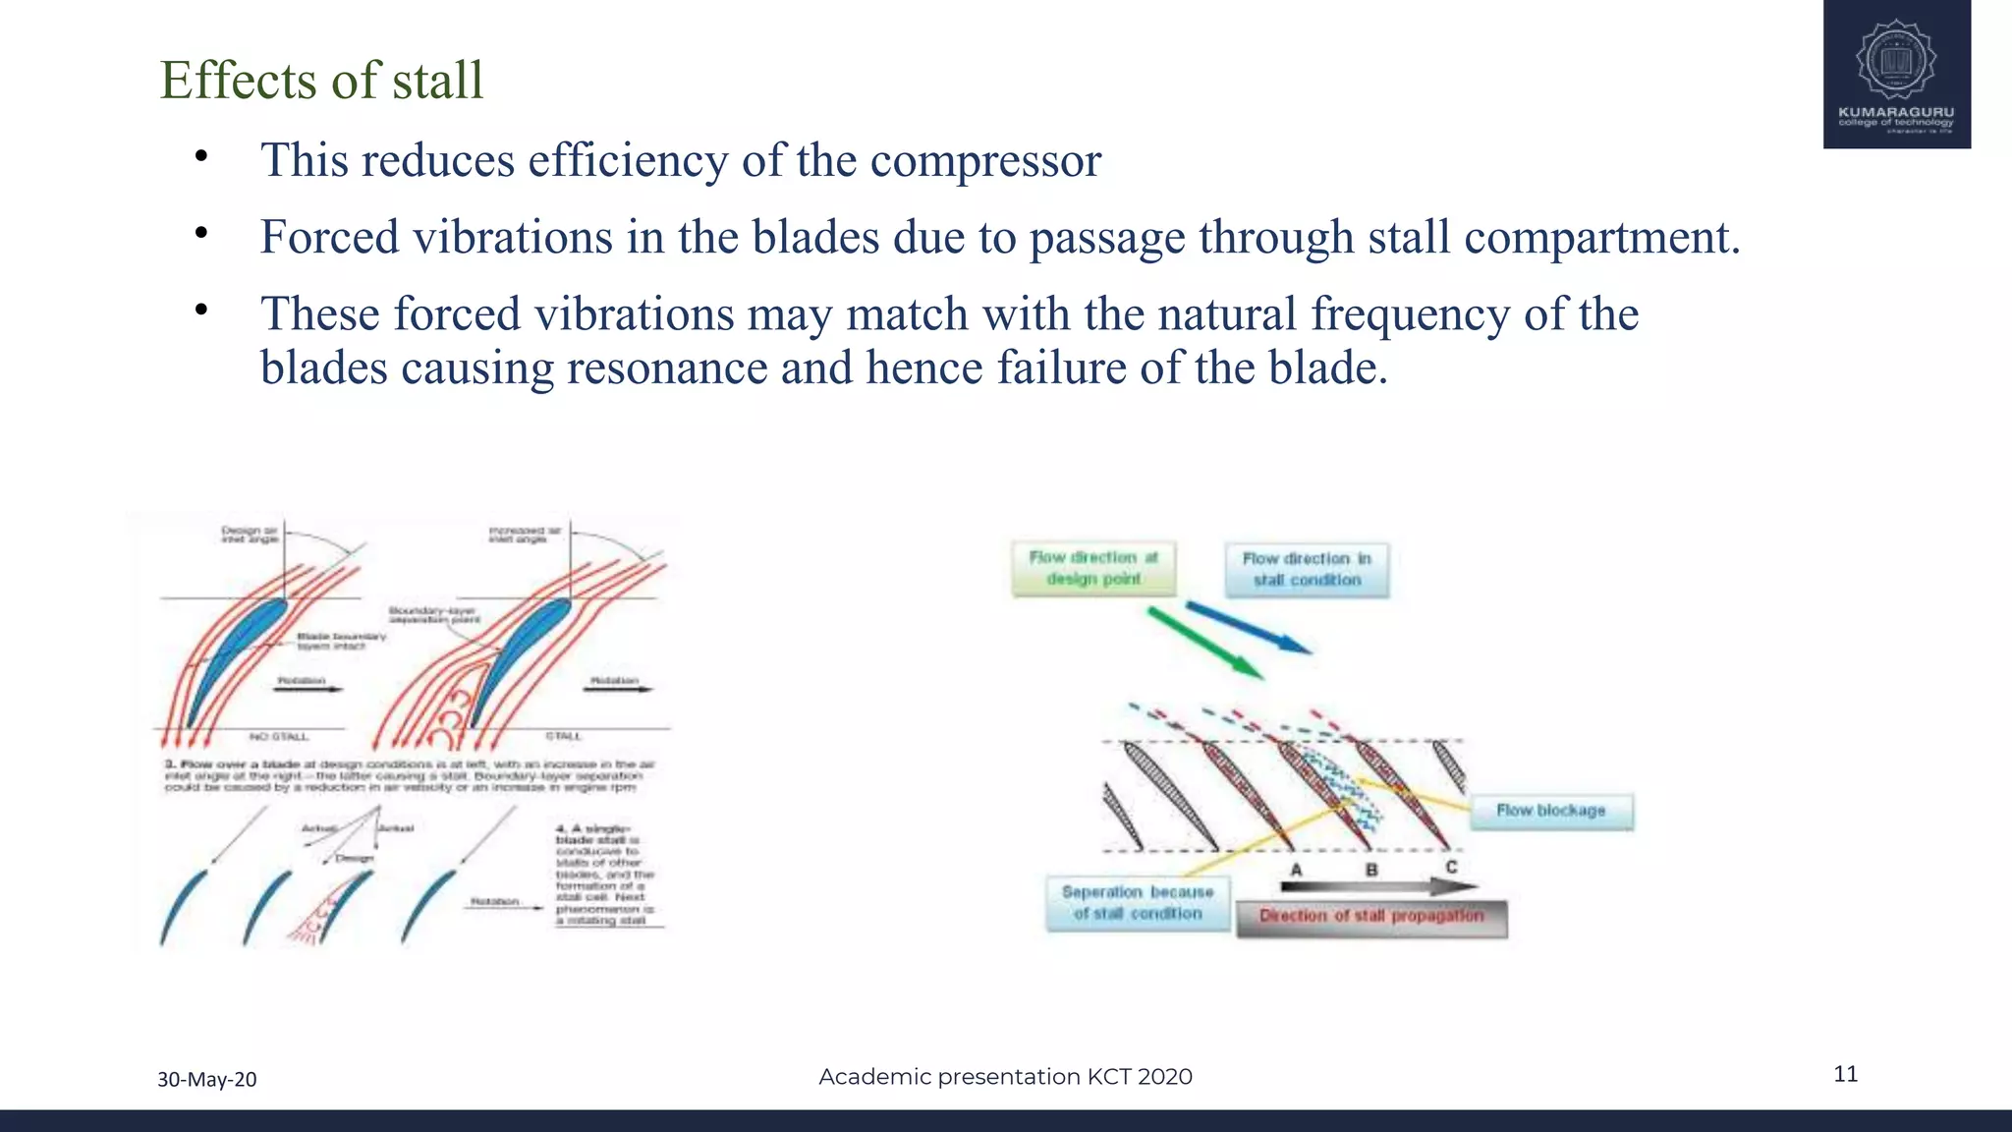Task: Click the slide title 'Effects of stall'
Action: pos(321,81)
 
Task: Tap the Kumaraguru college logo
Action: pos(1896,74)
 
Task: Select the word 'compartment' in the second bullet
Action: pos(1600,238)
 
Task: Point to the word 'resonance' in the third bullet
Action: pos(666,368)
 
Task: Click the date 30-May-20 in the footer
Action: pos(207,1079)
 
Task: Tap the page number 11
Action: pos(1845,1074)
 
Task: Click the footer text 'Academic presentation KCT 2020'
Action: pos(1005,1077)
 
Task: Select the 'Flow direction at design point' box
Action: pos(1093,569)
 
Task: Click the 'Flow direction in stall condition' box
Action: pos(1307,570)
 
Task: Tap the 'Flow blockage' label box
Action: pos(1550,812)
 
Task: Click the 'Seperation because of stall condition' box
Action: pos(1138,903)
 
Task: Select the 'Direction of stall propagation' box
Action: pos(1371,917)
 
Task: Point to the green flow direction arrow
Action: pos(1204,643)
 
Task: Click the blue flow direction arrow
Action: pos(1248,627)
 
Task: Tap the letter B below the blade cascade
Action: pos(1371,870)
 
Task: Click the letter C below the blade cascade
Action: pos(1451,867)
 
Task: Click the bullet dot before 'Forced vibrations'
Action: pos(201,234)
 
